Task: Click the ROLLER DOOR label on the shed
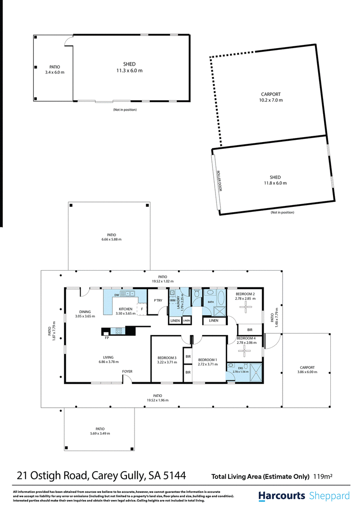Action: tap(219, 181)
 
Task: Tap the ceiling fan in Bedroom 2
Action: tap(246, 307)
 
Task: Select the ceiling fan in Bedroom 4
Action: tap(244, 351)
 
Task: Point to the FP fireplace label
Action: tap(107, 338)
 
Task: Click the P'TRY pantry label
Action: tap(158, 300)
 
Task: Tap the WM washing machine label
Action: tap(173, 300)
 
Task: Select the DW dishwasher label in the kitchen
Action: tap(117, 295)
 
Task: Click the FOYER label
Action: tap(127, 371)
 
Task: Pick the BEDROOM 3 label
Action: tap(167, 358)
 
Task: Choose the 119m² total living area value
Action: tap(323, 477)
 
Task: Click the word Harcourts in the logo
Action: tap(282, 496)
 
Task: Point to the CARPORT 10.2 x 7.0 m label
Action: tap(271, 97)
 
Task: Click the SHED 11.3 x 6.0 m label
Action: tap(129, 67)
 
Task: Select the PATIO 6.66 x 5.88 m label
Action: tap(112, 237)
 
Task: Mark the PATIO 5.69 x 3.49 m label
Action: tap(100, 431)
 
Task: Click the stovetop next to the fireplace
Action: tap(119, 331)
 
